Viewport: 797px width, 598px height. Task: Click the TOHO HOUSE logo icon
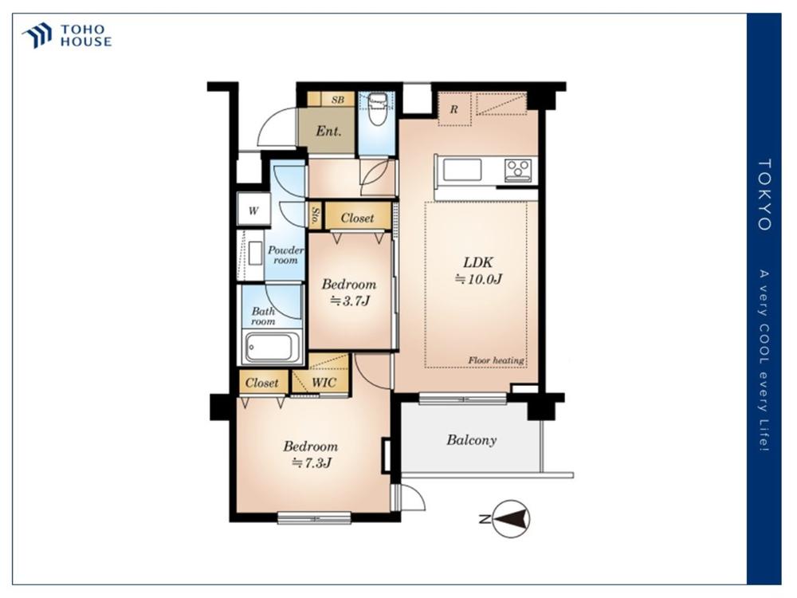click(x=37, y=35)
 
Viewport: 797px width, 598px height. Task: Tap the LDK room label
click(x=477, y=262)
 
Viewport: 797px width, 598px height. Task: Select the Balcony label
click(x=472, y=440)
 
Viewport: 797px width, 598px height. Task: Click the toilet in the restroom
click(x=377, y=109)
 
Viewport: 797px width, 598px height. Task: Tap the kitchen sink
click(x=462, y=170)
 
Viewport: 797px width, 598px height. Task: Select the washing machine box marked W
click(x=253, y=210)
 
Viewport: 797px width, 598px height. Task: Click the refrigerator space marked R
click(x=454, y=108)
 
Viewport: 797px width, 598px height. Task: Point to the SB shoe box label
click(x=338, y=100)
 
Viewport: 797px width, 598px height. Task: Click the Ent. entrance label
click(x=328, y=132)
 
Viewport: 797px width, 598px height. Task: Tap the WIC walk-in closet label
click(x=324, y=383)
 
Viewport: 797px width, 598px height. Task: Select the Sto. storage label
click(x=316, y=215)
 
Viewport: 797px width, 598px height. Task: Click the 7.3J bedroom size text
click(x=311, y=462)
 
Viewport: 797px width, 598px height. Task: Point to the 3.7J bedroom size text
click(x=350, y=301)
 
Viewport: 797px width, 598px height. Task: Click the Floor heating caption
click(x=496, y=360)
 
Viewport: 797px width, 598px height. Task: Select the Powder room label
click(x=285, y=255)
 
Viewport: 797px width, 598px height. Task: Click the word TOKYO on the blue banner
click(x=764, y=195)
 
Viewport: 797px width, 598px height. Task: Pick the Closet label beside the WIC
click(x=261, y=383)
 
